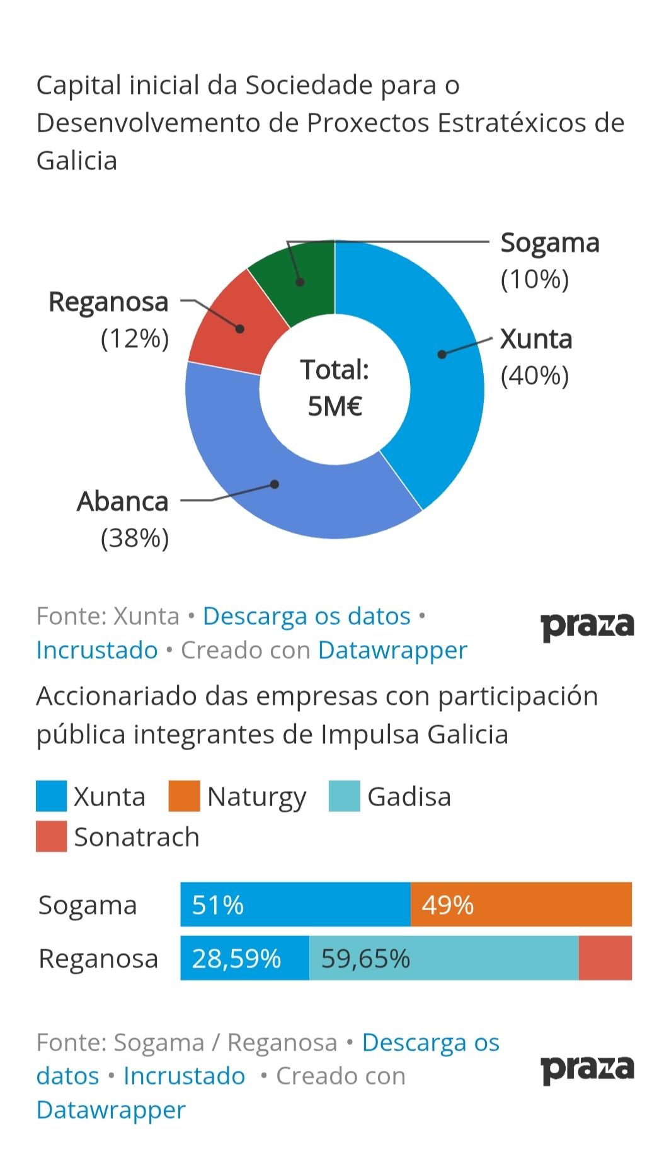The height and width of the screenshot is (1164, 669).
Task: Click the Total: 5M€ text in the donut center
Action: [x=334, y=388]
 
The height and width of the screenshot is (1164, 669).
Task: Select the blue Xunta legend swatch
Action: [x=51, y=796]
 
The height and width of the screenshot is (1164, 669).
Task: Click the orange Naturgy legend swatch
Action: [x=184, y=796]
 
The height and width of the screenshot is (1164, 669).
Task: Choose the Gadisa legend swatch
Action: [x=345, y=796]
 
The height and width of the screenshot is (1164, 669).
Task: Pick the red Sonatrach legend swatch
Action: [x=51, y=836]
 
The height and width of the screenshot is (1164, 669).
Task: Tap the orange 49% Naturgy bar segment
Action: [x=521, y=904]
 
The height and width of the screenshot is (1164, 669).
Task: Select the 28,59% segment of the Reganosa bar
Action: [x=244, y=958]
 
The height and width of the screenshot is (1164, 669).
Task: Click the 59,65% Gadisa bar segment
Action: [x=443, y=958]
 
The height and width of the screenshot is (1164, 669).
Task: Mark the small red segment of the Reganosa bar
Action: [x=605, y=958]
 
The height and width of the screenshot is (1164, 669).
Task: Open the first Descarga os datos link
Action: [x=306, y=616]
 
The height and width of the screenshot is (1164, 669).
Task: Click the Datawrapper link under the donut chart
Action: [x=392, y=650]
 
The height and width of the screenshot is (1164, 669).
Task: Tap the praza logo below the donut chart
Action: [x=587, y=627]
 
